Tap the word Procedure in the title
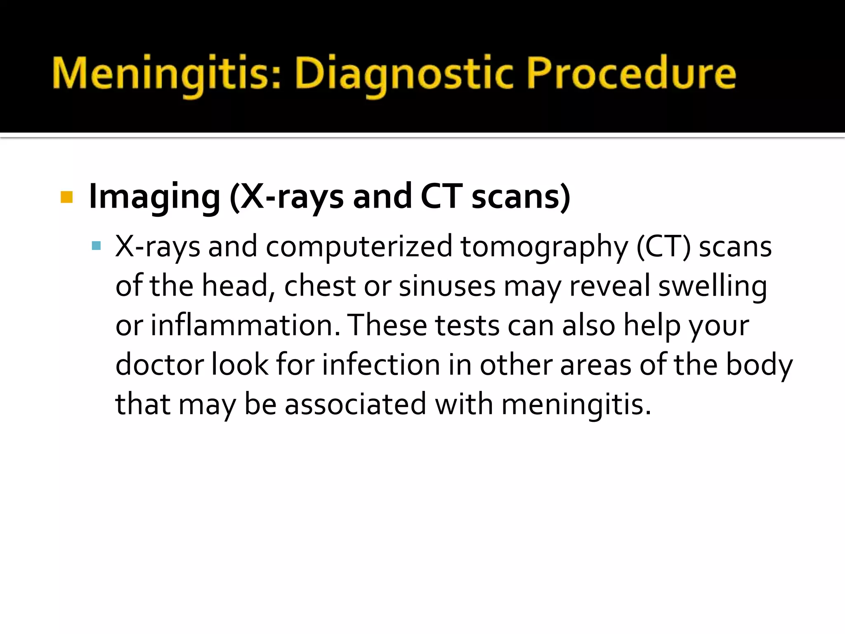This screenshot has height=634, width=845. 631,74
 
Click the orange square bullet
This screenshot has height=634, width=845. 66,197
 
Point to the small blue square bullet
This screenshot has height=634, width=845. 97,246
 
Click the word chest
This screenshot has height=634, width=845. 320,286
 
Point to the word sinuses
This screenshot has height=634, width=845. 447,286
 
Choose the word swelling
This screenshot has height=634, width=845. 713,286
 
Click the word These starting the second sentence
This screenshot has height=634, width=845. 388,325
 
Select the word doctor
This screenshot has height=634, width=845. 159,364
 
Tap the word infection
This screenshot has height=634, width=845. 381,364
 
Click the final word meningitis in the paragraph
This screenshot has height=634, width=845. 576,405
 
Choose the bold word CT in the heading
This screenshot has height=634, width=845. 441,197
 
